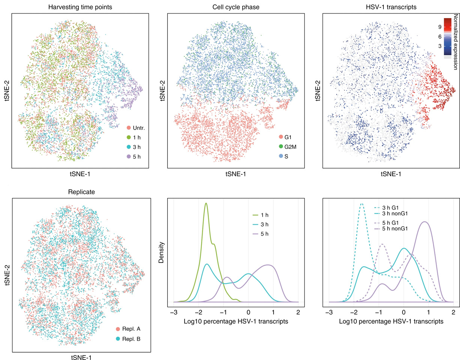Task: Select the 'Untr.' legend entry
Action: tap(135, 128)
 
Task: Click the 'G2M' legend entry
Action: tap(290, 147)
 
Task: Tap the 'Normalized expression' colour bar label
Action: tap(455, 42)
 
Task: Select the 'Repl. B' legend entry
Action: tap(134, 339)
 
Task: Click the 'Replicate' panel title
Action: tap(81, 192)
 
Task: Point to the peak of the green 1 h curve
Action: tap(206, 203)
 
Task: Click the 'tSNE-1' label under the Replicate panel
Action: tap(81, 357)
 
